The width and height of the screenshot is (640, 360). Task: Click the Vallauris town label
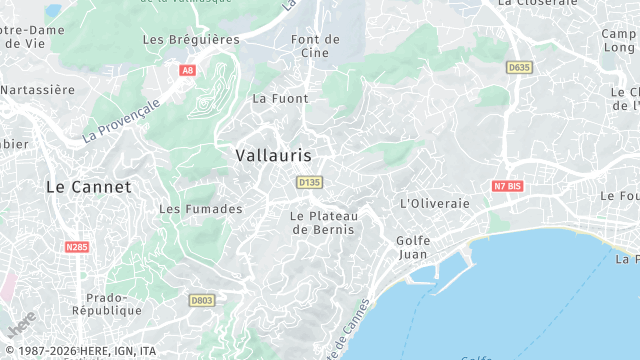[x=273, y=156]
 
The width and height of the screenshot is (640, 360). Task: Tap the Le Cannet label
[x=89, y=187]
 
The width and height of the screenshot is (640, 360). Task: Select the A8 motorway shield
[x=187, y=70]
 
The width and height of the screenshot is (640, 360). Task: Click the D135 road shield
[x=309, y=182]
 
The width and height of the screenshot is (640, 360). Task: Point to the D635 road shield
[x=519, y=67]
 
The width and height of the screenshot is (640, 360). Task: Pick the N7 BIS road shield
[x=508, y=186]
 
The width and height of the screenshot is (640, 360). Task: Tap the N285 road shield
[x=76, y=246]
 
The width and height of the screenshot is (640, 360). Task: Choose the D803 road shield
[x=202, y=299]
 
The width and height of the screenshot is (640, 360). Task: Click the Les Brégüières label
[x=191, y=40]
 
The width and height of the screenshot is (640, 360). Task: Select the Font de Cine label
[x=315, y=46]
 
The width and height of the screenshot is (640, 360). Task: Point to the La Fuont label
[x=280, y=99]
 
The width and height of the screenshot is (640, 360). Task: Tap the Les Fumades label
[x=201, y=209]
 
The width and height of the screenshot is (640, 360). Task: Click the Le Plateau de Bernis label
[x=323, y=222]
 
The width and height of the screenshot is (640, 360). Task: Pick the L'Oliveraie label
[x=434, y=203]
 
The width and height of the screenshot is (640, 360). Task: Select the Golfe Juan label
[x=413, y=247]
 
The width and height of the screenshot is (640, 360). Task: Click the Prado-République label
[x=114, y=304]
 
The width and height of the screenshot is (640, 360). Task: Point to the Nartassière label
[x=38, y=90]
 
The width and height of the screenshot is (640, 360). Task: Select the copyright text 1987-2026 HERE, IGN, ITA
[x=79, y=351]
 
